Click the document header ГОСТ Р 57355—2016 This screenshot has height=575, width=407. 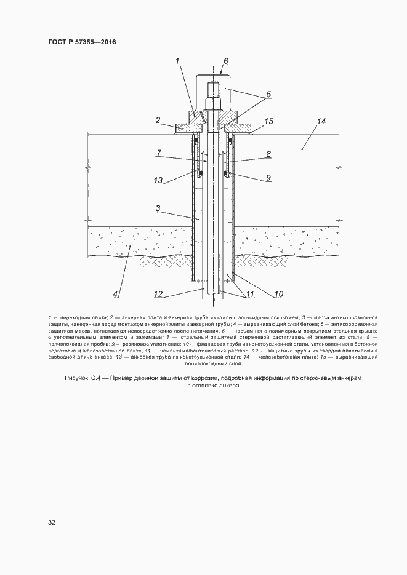click(x=81, y=42)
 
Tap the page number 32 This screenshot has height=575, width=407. click(x=52, y=523)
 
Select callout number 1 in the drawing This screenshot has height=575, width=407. click(x=177, y=61)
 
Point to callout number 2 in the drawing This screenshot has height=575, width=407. click(x=158, y=120)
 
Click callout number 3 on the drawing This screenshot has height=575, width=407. click(x=158, y=209)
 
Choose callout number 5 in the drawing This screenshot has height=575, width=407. click(x=268, y=95)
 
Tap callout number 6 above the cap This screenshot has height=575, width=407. click(x=225, y=61)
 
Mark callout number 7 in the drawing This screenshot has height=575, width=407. click(x=159, y=153)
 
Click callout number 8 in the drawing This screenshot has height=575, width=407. click(x=268, y=155)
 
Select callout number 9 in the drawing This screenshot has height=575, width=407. click(x=268, y=178)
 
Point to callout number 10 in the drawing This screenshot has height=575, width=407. click(x=278, y=294)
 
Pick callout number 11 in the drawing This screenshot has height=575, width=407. click(x=250, y=294)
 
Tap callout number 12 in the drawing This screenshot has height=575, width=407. click(x=158, y=293)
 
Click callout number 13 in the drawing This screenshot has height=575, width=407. click(x=159, y=180)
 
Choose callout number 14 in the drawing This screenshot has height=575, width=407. click(x=321, y=122)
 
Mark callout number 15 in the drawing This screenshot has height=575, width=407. click(x=268, y=122)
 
